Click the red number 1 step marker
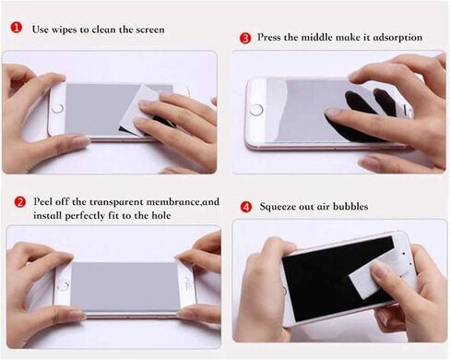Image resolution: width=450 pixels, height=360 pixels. (16, 29)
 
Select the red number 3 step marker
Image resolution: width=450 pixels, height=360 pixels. (245, 38)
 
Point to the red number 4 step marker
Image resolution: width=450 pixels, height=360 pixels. (244, 206)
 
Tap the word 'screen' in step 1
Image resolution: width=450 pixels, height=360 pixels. (148, 30)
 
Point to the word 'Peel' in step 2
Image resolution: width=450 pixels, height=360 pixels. (42, 200)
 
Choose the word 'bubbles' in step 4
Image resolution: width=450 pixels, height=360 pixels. (349, 207)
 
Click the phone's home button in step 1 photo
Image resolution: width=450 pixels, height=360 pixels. (57, 109)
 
